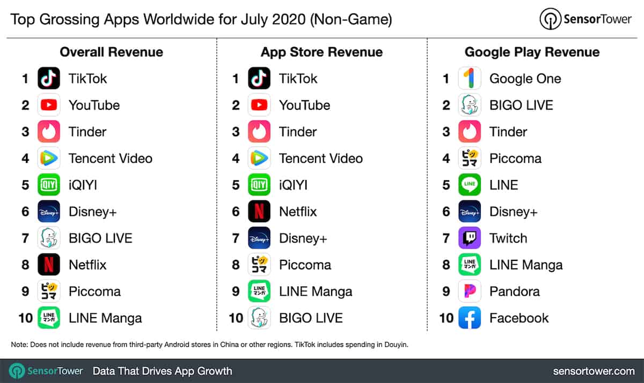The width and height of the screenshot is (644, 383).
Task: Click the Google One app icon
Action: click(x=470, y=79)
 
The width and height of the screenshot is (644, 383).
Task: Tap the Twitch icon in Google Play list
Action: click(x=470, y=238)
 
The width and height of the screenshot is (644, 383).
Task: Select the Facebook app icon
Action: click(x=470, y=318)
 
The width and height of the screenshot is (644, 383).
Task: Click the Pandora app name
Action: click(x=514, y=291)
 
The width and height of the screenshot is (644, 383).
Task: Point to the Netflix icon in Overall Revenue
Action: click(x=49, y=265)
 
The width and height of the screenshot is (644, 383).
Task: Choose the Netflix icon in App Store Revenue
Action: click(x=259, y=212)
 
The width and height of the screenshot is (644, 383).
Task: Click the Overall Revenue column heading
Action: click(x=111, y=52)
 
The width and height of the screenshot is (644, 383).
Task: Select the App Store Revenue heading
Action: click(x=321, y=52)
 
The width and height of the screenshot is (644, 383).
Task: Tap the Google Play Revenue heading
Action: click(x=532, y=52)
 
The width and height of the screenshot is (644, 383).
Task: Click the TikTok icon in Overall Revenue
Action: click(x=49, y=79)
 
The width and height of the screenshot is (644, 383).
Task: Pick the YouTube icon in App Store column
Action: click(x=259, y=105)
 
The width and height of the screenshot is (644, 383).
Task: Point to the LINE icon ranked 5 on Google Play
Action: click(x=470, y=185)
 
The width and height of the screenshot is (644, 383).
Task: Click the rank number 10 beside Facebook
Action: click(x=447, y=318)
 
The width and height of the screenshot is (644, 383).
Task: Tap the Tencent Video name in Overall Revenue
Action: click(x=110, y=159)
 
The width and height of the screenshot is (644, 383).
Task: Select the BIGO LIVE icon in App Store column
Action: click(x=259, y=318)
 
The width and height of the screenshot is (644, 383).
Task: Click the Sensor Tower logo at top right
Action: click(x=587, y=20)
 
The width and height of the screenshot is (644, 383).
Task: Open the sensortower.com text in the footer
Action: click(x=594, y=371)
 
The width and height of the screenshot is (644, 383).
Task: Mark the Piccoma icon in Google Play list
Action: click(x=470, y=159)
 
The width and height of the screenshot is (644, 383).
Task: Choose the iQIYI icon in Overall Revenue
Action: click(x=49, y=185)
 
